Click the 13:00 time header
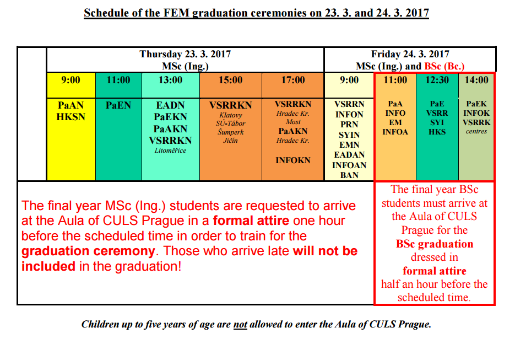pos(170,80)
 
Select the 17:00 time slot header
pos(293,80)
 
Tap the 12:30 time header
pos(437,80)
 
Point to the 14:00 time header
pos(476,80)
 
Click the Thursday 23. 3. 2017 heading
pos(185,54)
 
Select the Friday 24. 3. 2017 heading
pos(410,54)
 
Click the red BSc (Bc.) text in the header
pos(444,66)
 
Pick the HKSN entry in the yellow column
pos(71,117)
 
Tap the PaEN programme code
pos(118,105)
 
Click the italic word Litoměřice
pos(170,151)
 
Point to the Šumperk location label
pos(231,132)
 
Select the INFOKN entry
pos(293,160)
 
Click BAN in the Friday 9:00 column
pos(349,175)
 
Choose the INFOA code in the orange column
pos(395,132)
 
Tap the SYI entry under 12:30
pos(437,122)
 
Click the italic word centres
pos(476,132)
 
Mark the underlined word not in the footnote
pos(240,325)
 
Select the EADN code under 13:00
pos(170,105)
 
